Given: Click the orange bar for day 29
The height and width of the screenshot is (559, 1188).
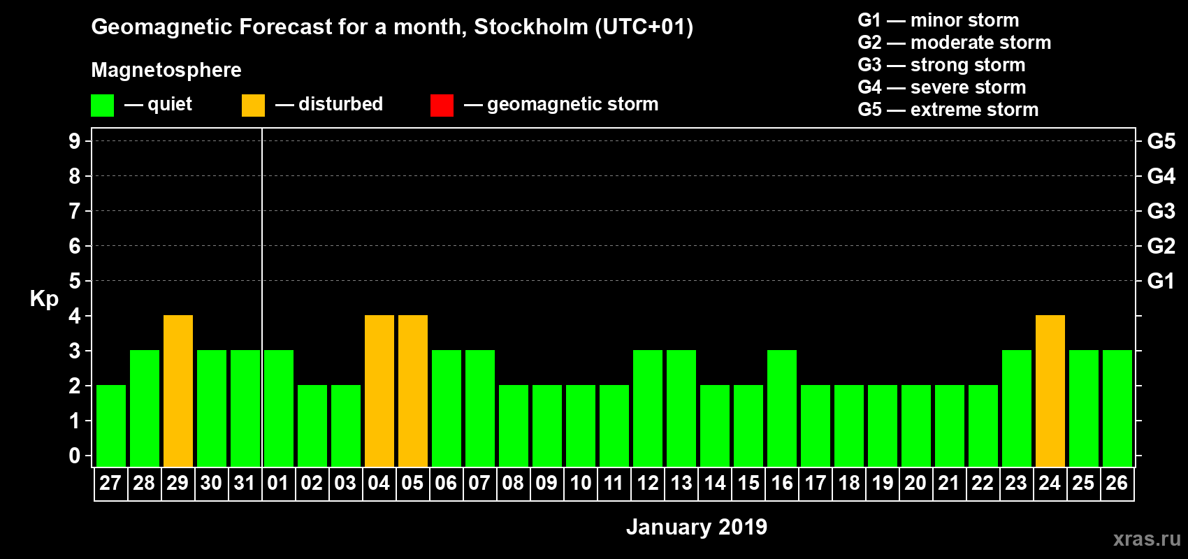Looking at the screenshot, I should pos(178,391).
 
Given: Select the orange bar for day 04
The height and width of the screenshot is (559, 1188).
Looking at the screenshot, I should pos(379,391).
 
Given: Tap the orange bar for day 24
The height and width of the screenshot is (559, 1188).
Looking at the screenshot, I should pos(1050,391).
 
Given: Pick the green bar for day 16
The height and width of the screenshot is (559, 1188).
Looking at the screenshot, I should pos(782,408).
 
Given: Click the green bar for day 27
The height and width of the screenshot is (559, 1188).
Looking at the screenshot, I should pos(111,426).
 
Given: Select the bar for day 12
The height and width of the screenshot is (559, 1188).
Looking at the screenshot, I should pos(648,408).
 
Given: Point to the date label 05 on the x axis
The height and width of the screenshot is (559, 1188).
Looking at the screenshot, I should pos(412,483).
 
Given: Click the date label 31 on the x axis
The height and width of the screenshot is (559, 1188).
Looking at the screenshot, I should pos(245,483).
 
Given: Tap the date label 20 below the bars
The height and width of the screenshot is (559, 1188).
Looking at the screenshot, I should pos(915,483).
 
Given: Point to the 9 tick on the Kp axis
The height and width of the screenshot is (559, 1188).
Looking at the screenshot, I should pos(75,141).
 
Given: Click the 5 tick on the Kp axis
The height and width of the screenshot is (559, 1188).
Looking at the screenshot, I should pos(75,281).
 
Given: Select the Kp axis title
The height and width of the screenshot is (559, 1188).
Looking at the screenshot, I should pos(44,298).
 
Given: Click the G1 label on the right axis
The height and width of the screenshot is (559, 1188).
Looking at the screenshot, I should pos(1161,281).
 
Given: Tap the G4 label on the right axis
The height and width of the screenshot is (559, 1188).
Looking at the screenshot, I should pos(1161,176).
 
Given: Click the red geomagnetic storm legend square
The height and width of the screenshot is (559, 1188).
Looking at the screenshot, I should pos(442,106).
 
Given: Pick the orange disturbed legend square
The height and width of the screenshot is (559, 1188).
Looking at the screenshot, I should pos(253,106).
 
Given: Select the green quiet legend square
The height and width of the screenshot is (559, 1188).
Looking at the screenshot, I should pos(102,106).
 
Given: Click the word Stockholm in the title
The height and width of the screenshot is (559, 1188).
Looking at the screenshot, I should pos(530,27).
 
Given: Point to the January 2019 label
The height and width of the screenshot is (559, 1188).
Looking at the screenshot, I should pos(696,527).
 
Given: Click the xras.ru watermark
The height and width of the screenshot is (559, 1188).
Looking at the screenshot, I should pos(1147,539).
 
